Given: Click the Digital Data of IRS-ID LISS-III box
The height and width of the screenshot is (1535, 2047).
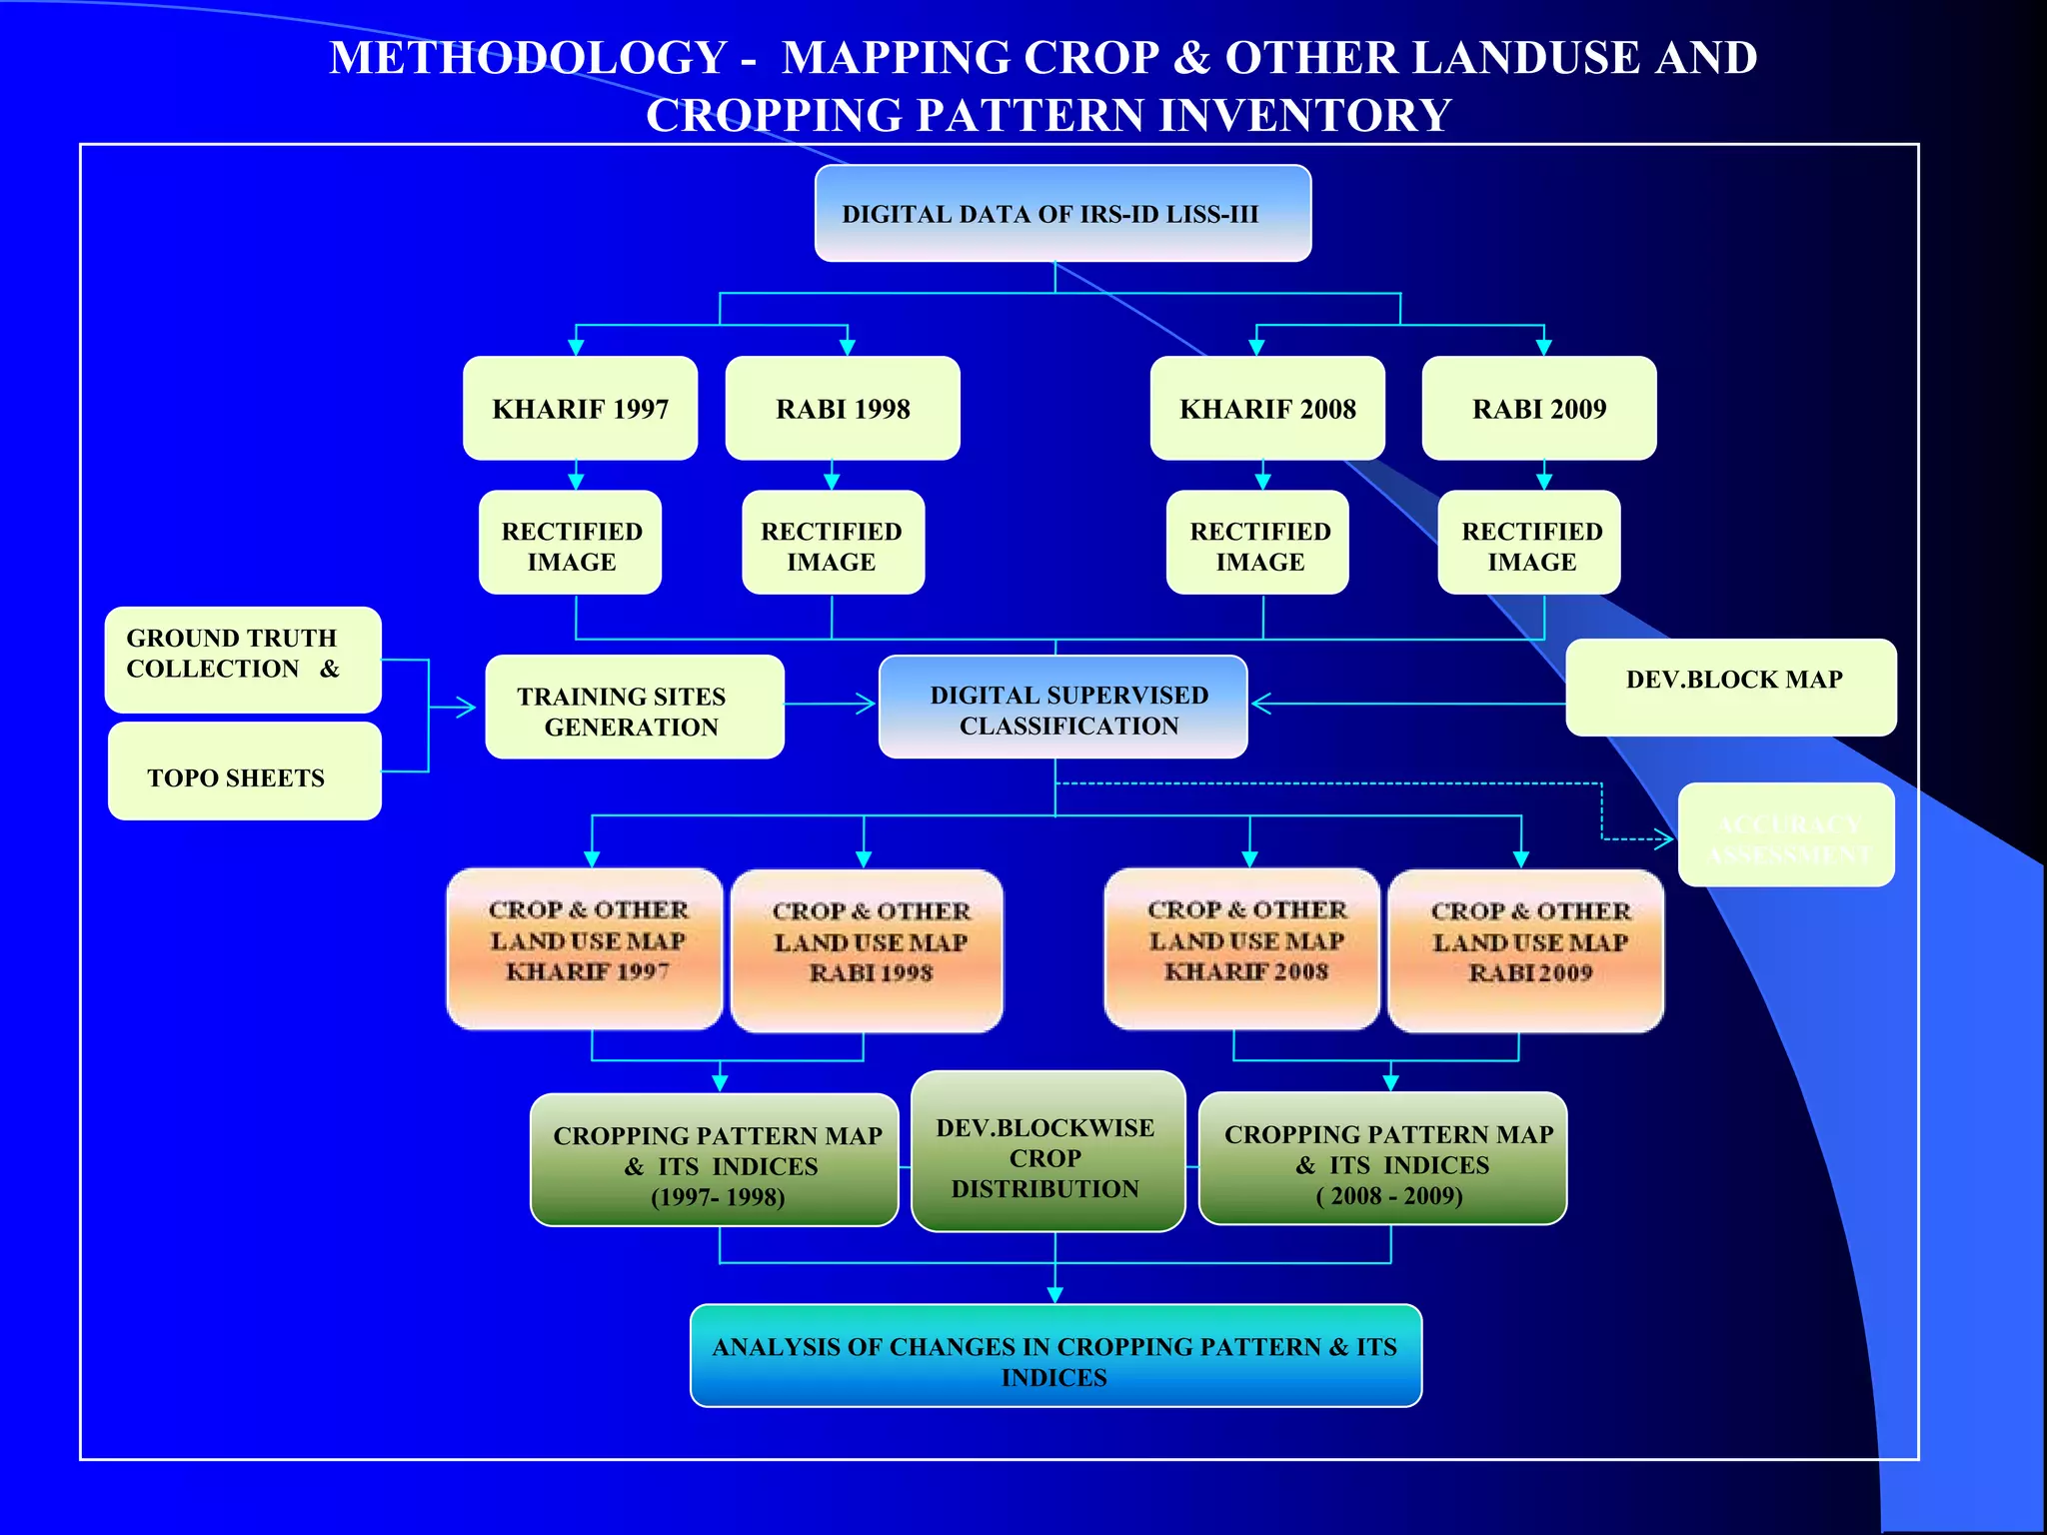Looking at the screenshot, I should click(1062, 213).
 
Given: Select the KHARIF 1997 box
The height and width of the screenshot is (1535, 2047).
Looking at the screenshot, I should click(580, 408).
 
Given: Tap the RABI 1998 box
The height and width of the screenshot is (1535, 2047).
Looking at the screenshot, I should click(843, 408).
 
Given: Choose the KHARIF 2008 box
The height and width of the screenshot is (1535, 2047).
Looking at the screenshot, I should click(1267, 408).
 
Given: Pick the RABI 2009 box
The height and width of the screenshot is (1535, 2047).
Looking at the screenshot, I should click(1539, 408).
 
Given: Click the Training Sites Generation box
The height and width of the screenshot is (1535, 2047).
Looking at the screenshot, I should click(634, 707).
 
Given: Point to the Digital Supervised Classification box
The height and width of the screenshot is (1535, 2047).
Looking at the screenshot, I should click(1062, 707).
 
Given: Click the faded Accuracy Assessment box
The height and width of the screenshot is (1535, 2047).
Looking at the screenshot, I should click(1786, 834).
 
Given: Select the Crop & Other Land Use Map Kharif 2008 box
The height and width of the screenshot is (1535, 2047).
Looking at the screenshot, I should click(1242, 947).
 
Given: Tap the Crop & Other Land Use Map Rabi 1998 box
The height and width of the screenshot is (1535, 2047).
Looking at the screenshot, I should click(867, 949).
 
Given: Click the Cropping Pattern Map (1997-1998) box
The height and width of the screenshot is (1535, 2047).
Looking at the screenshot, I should click(714, 1159).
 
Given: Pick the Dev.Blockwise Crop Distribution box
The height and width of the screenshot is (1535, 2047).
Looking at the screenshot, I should click(1047, 1151).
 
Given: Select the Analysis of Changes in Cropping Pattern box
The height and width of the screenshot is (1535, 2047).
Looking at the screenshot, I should click(1055, 1356).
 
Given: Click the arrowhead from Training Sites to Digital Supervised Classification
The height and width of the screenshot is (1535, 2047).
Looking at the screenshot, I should click(866, 705).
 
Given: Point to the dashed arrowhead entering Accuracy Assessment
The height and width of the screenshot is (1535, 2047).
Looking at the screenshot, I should click(1665, 839).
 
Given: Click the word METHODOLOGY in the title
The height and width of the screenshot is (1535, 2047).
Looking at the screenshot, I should click(528, 58).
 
